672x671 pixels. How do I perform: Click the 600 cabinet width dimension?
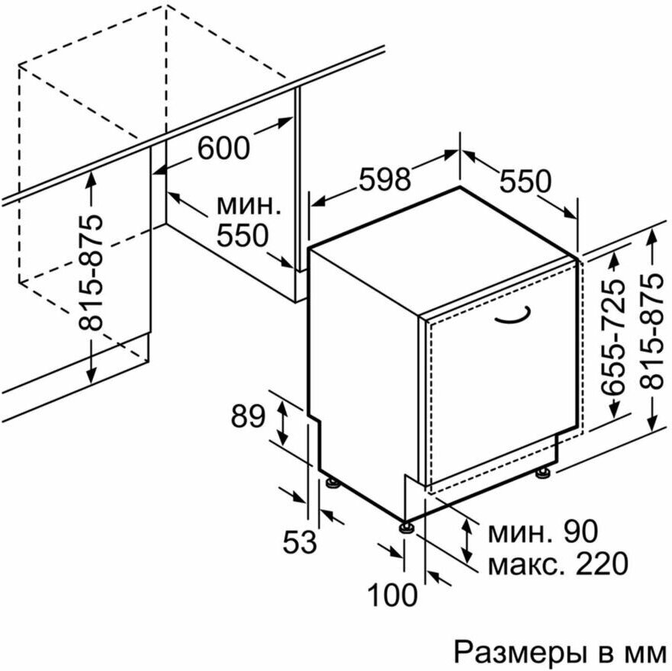point(223,147)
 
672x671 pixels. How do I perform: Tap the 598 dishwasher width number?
point(384,179)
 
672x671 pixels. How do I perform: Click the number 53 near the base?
point(299,543)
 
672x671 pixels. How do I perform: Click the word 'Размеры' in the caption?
point(513,652)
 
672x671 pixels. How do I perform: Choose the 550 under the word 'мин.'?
point(242,236)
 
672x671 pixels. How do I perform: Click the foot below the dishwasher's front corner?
point(405,526)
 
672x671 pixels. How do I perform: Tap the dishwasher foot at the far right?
point(543,474)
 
